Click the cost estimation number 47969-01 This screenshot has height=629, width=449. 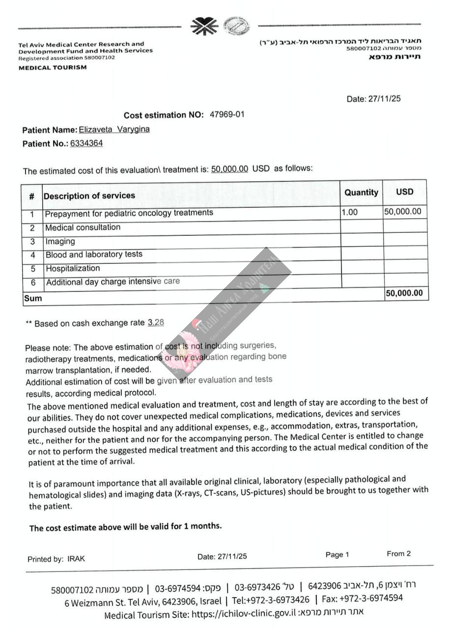pos(227,114)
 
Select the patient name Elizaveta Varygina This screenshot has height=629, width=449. pos(114,130)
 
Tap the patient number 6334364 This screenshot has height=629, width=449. pos(86,143)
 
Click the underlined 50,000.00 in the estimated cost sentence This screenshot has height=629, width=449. pos(229,169)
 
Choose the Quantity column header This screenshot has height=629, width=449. pos(361,193)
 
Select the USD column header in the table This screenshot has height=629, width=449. pos(405,192)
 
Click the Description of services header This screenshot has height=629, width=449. pos(89,196)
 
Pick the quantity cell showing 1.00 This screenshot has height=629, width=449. pos(349,212)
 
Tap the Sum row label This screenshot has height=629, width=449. pos(33,298)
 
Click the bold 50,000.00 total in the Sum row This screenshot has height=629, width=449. pos(404,293)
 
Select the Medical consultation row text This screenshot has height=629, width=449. pos(83,228)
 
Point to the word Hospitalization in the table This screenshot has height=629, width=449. pos(73,268)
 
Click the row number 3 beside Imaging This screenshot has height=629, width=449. pos(32,242)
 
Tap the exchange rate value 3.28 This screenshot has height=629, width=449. pos(156,323)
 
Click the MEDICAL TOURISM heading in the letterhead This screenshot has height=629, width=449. pos(53,67)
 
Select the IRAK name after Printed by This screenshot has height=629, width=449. pos(76,559)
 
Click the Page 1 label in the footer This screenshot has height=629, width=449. pos(337,555)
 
